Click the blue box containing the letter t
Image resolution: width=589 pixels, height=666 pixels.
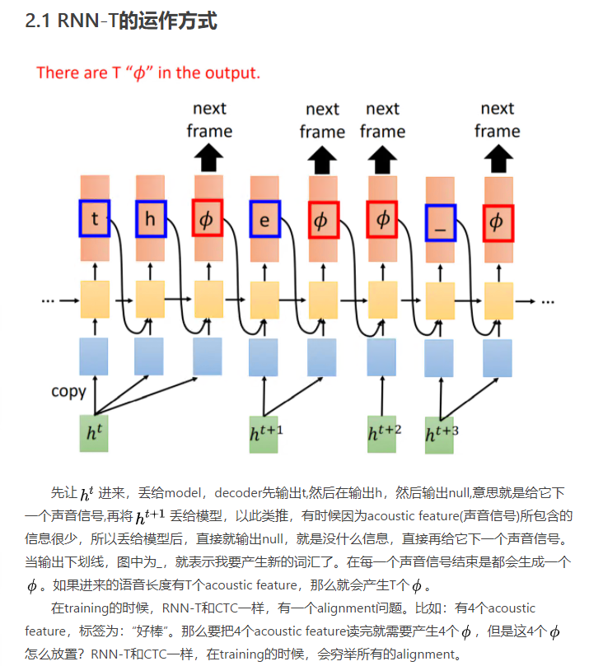pyautogui.click(x=95, y=219)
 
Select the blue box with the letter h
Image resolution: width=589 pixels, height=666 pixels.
pyautogui.click(x=151, y=219)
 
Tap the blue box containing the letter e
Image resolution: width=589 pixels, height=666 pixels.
pyautogui.click(x=265, y=220)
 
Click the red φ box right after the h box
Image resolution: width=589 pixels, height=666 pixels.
pyautogui.click(x=207, y=219)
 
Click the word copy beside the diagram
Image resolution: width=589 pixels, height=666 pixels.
pyautogui.click(x=68, y=391)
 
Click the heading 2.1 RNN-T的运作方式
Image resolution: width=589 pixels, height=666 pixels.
pyautogui.click(x=121, y=21)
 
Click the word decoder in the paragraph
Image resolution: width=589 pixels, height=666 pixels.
pyautogui.click(x=240, y=493)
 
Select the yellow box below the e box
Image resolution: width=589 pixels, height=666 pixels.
pyautogui.click(x=265, y=300)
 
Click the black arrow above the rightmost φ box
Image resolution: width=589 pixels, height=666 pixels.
pyautogui.click(x=497, y=157)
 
